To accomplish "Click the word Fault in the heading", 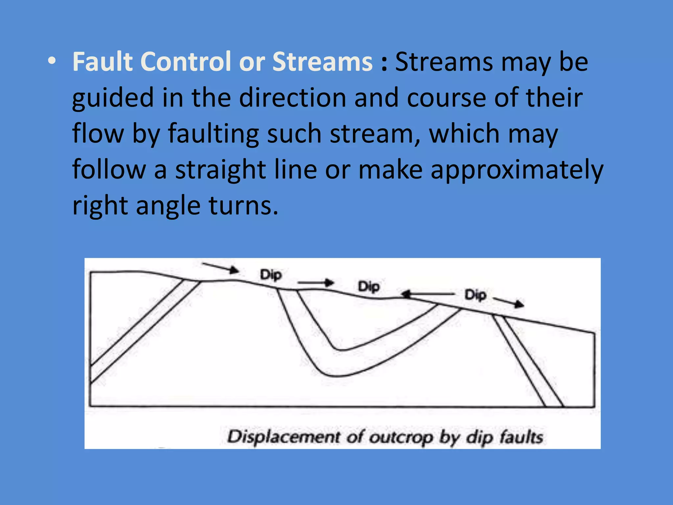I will coord(102,62).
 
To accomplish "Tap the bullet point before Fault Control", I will coord(51,62).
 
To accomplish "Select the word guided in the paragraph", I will coord(113,98).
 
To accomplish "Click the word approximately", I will coord(517,170).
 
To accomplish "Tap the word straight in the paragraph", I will coord(220,170).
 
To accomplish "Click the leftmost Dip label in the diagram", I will coord(271,275).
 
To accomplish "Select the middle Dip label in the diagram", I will coord(369,287).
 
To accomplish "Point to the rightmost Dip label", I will coord(475,295).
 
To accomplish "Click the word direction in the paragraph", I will coord(292,98).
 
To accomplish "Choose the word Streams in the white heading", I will coord(322,62).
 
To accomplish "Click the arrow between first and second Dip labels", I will coord(315,282).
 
